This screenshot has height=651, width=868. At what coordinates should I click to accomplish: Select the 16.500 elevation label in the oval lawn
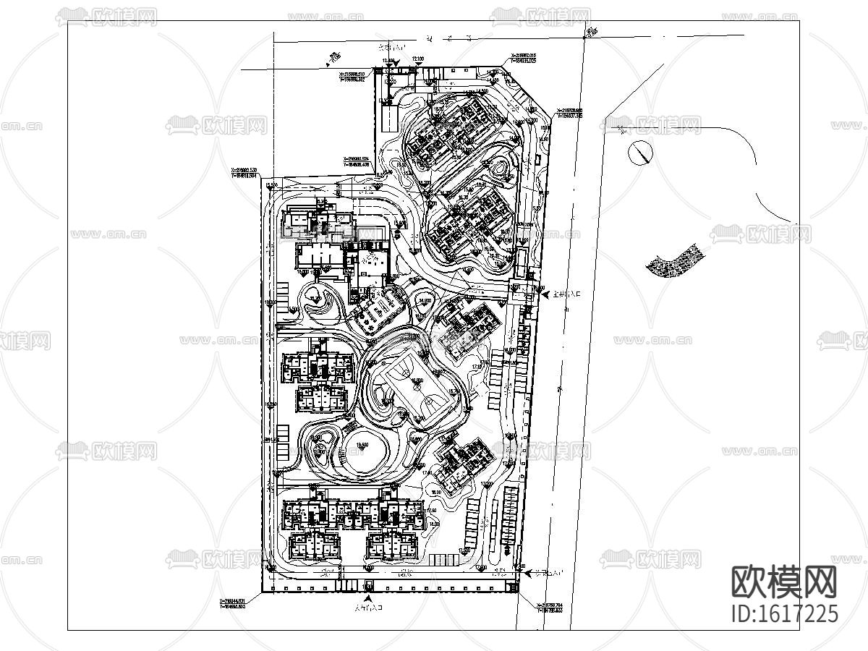(361, 445)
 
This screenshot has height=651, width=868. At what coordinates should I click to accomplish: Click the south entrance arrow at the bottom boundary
(369, 600)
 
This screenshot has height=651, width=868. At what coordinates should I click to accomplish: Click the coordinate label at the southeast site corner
(550, 608)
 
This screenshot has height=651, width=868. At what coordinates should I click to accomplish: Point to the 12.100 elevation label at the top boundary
(418, 59)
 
